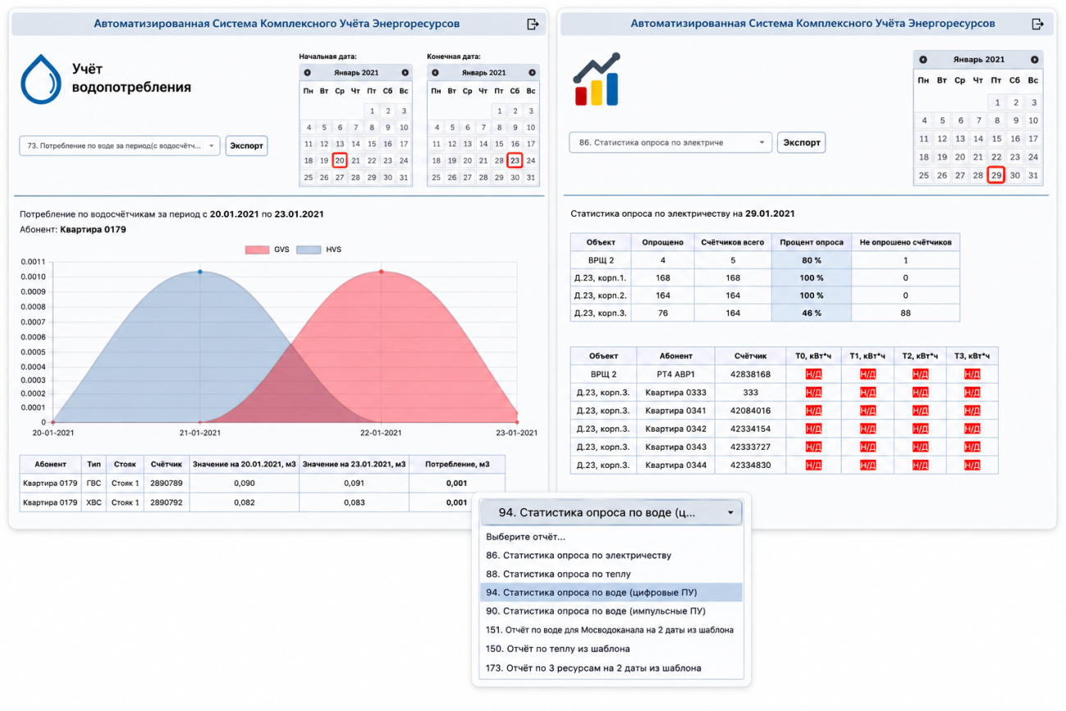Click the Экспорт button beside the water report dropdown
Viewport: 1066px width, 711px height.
(246, 145)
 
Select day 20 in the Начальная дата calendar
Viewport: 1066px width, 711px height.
(339, 160)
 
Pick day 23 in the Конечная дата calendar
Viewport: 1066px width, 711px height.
(515, 160)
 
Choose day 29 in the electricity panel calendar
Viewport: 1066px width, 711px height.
(995, 175)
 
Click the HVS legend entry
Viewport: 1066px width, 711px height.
(319, 250)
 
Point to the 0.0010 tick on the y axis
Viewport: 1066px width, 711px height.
(34, 277)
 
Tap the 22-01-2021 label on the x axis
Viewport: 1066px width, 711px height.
(381, 433)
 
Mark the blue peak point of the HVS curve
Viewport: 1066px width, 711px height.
(200, 272)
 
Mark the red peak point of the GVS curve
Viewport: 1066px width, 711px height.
(382, 272)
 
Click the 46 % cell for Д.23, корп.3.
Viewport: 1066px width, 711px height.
(812, 313)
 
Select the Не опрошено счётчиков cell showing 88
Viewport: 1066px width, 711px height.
(905, 313)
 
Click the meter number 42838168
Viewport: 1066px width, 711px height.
(750, 374)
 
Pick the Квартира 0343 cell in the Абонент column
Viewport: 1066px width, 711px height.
(675, 447)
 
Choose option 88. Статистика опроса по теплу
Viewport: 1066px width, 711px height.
(558, 574)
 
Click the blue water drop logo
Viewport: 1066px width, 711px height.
(41, 79)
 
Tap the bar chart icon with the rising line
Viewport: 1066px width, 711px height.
(597, 79)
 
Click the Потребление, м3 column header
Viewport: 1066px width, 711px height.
(457, 465)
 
